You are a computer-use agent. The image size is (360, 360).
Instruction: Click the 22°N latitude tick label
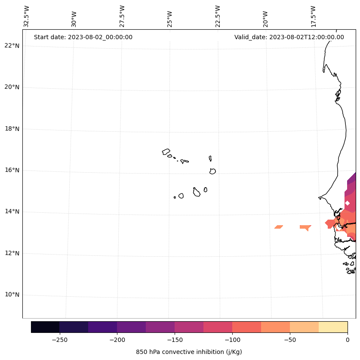point(12,46)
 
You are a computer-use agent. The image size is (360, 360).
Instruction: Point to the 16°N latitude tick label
point(12,170)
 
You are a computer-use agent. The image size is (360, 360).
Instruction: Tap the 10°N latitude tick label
point(12,295)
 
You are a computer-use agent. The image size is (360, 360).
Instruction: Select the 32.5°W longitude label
point(27,16)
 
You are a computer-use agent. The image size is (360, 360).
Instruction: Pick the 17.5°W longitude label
point(314,16)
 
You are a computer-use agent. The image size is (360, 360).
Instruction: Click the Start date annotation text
point(83,37)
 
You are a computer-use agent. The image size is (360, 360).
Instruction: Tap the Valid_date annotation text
point(289,37)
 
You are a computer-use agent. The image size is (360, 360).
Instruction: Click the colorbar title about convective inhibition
point(189,352)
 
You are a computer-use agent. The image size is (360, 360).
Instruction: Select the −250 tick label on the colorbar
point(59,339)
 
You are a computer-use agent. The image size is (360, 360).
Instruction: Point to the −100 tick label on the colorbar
point(232,339)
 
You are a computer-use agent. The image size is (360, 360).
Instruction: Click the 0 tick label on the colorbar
point(348,339)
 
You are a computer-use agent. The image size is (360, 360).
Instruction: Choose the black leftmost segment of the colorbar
point(45,327)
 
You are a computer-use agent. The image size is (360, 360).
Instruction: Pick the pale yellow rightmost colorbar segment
point(333,327)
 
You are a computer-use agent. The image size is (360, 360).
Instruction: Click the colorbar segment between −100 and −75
point(246,327)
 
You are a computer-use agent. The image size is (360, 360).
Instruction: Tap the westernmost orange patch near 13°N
point(278,227)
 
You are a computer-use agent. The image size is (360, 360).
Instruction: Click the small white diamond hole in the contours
point(348,203)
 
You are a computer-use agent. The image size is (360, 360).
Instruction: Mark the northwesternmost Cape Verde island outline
point(166,152)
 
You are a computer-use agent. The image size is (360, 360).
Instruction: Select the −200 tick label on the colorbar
point(117,339)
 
